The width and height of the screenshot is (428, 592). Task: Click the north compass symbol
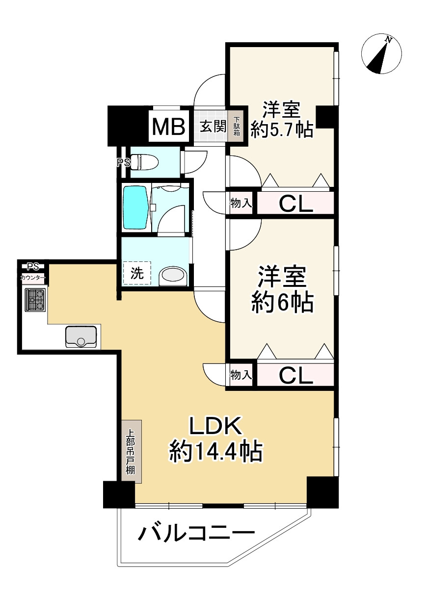[381, 54]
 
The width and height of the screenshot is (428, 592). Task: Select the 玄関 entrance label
[213, 127]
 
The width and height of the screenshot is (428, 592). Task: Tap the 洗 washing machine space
[137, 274]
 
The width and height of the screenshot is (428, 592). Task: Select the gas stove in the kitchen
[34, 299]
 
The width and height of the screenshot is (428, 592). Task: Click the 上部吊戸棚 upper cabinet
[131, 451]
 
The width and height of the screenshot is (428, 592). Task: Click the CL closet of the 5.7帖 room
[295, 204]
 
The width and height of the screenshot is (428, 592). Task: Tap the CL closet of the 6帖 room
[295, 375]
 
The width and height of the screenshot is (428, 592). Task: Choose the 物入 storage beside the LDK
[241, 375]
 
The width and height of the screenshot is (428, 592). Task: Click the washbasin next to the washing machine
[173, 276]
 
